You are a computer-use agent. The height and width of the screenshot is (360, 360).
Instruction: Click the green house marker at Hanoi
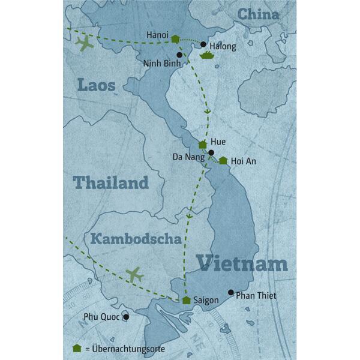(175, 39)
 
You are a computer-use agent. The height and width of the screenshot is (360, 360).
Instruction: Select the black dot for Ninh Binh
(179, 55)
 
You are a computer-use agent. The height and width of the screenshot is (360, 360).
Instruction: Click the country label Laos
(96, 85)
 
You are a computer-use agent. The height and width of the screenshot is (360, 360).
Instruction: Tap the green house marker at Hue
(203, 145)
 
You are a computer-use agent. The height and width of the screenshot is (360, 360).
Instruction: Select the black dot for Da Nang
(211, 152)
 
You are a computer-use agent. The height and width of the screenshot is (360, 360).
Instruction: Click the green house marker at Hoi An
(223, 161)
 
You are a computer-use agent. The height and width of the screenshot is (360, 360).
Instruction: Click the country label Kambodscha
(136, 239)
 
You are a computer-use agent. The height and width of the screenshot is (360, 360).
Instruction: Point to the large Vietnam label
(242, 263)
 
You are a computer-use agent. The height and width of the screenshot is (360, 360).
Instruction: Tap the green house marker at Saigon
(187, 300)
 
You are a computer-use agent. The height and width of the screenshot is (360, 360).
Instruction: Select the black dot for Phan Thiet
(230, 293)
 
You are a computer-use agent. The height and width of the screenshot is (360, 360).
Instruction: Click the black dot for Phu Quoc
(126, 317)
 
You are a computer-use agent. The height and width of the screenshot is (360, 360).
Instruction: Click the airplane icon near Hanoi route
(86, 44)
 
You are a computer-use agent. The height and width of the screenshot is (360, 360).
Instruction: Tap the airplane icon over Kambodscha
(134, 275)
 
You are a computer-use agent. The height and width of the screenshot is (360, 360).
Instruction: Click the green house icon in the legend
(76, 348)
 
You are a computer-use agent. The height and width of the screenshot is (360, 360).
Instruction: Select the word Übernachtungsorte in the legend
(127, 349)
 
